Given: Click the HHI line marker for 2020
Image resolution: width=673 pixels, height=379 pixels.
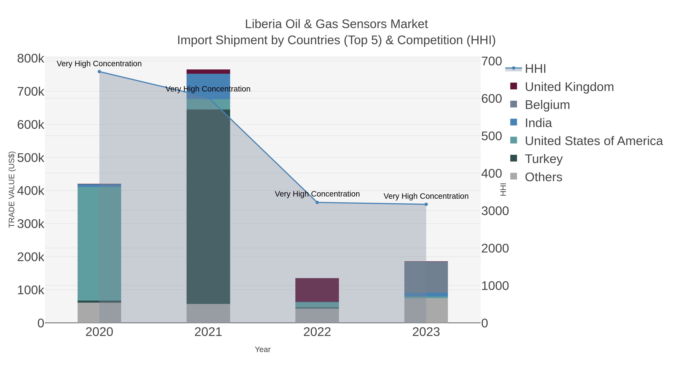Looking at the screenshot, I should click(99, 72).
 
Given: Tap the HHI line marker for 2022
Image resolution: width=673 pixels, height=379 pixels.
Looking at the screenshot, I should click(317, 203).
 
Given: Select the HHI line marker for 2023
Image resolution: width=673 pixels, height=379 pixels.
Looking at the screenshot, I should click(426, 204).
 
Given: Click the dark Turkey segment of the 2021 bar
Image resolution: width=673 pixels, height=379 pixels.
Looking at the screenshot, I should click(208, 207).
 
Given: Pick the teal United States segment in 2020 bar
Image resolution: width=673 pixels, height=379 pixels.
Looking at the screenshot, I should click(99, 243).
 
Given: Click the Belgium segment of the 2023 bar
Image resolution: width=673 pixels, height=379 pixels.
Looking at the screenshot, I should click(426, 277).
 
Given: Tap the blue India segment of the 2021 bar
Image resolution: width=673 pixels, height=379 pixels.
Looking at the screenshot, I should click(208, 86).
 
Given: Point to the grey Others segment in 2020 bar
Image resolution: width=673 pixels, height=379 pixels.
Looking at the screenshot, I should click(99, 313).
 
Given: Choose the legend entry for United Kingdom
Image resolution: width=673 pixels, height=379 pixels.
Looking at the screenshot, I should click(569, 87).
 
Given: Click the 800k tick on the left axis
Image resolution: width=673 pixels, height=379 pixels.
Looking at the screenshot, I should click(31, 59).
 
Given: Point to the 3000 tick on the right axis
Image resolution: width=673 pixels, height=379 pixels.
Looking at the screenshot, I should click(495, 211).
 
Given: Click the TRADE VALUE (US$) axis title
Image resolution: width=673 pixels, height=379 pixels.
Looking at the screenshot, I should click(12, 189).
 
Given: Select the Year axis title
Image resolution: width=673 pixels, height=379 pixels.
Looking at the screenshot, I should click(263, 349).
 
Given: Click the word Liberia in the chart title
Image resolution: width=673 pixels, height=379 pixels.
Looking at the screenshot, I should click(263, 24).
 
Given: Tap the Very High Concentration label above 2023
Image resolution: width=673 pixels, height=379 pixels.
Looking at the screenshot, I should click(426, 196).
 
